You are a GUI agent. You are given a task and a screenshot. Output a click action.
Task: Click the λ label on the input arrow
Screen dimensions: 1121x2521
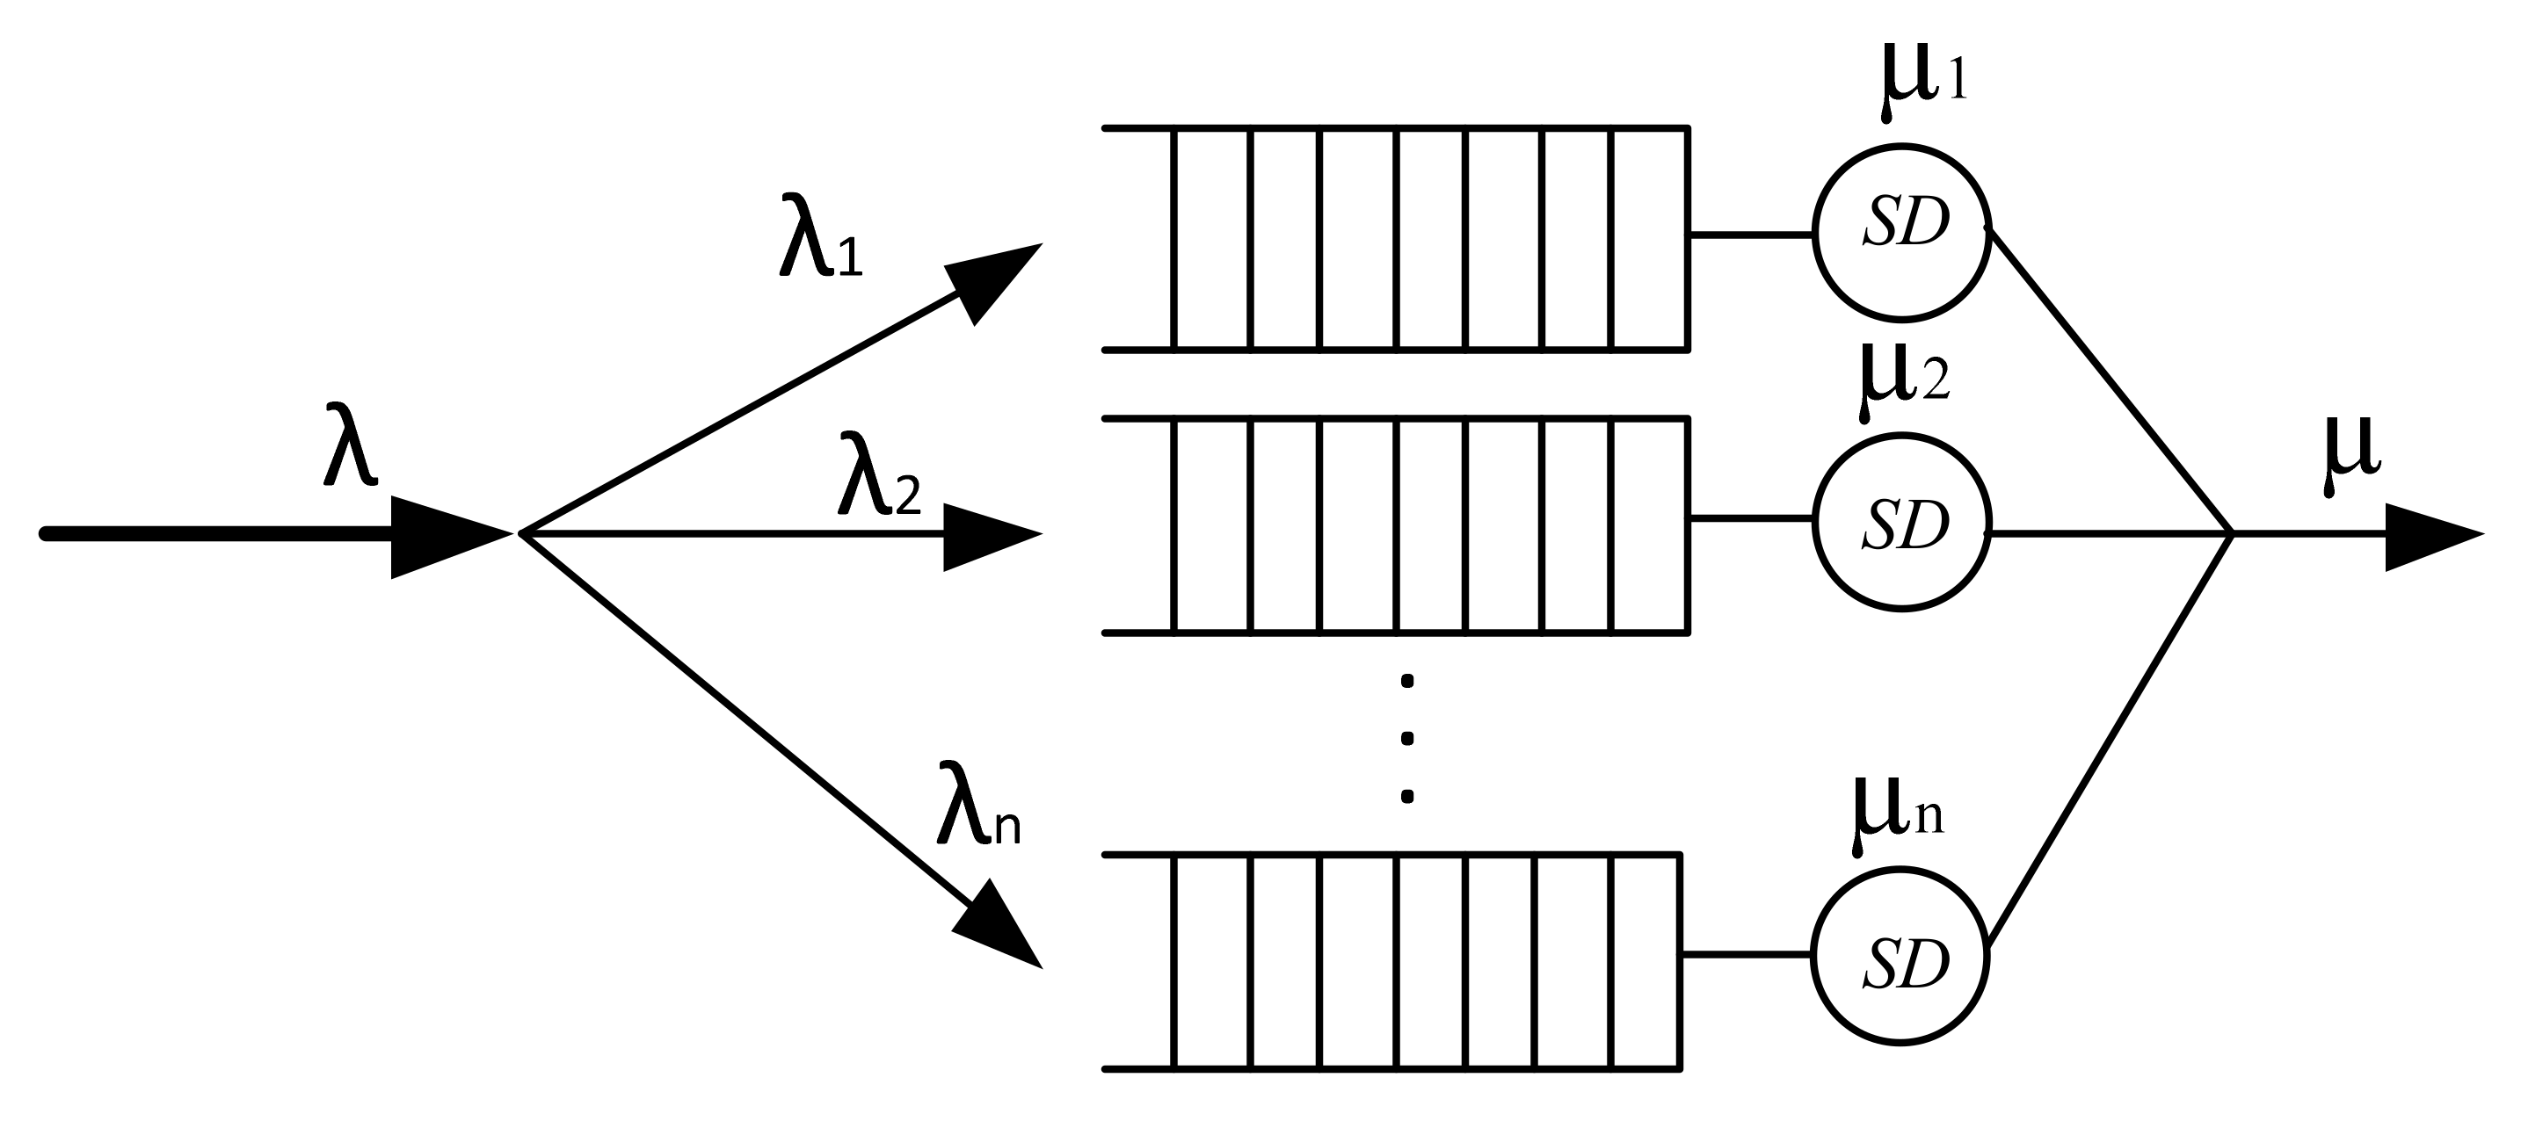pos(349,445)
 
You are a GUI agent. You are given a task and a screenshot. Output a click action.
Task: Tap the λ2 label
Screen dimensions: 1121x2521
pos(878,474)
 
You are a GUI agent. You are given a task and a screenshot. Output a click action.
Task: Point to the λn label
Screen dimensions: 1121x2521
pos(977,802)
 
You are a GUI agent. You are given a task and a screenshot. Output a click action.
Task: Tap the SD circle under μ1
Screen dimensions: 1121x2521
pos(1901,232)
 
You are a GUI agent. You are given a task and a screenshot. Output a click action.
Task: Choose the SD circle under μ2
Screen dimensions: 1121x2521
pos(1901,523)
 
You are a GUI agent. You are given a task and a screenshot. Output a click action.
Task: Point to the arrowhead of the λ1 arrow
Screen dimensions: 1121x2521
pos(996,278)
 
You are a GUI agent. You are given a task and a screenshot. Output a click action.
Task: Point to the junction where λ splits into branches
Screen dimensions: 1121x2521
pos(521,534)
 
